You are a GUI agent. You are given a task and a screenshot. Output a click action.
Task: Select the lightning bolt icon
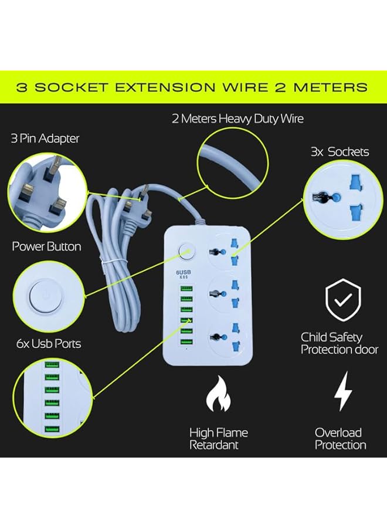[342, 391]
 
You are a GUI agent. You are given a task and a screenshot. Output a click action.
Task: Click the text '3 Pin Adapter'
[45, 138]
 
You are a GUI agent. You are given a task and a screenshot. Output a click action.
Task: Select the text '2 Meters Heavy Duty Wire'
[237, 119]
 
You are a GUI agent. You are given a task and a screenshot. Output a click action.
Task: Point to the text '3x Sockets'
[340, 152]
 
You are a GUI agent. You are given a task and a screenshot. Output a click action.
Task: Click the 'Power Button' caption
[46, 246]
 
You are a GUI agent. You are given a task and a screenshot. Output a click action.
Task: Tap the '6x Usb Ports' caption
[46, 343]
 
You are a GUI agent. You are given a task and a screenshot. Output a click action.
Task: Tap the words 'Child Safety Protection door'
[340, 343]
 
